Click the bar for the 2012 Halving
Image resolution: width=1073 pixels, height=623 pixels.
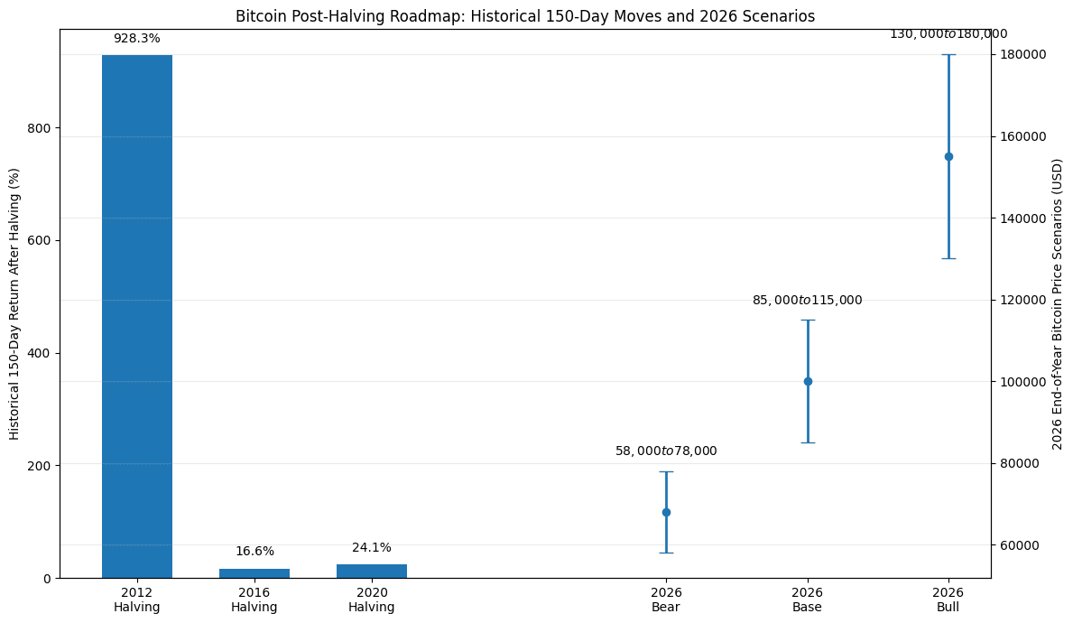point(137,316)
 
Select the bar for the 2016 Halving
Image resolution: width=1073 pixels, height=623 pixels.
point(254,573)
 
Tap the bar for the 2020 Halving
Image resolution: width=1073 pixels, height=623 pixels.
point(372,571)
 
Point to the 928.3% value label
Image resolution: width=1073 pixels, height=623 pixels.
point(137,39)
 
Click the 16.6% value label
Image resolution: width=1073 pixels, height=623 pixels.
point(254,552)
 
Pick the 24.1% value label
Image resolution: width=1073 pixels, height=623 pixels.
point(372,548)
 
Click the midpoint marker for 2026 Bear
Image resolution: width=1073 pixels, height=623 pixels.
point(666,512)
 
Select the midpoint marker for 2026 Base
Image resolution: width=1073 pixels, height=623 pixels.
point(808,381)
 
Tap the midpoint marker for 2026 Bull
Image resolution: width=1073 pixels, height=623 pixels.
point(948,156)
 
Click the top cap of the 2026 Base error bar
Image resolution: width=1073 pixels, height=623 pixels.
point(808,320)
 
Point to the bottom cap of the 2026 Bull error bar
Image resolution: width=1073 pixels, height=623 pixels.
point(948,258)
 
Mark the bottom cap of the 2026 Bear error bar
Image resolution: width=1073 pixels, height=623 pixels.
point(666,553)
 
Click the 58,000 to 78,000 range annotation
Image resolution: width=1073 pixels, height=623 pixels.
point(666,451)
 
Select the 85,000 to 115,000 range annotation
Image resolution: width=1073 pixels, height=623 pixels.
point(808,301)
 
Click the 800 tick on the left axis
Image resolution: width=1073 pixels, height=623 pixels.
point(42,128)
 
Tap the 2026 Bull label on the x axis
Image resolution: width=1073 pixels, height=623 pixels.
point(948,600)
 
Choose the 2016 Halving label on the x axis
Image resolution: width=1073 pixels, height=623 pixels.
point(254,600)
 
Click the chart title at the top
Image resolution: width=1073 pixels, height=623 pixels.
point(525,16)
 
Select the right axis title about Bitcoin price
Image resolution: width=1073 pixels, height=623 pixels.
point(1058,303)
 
